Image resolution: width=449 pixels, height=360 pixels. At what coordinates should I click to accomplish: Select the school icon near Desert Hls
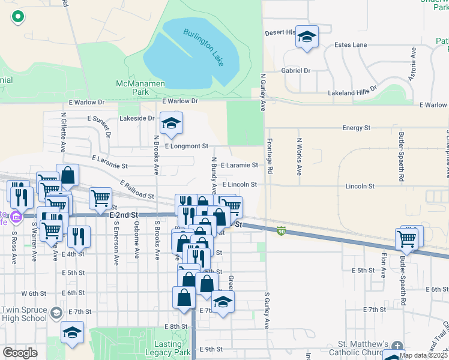pyautogui.click(x=307, y=38)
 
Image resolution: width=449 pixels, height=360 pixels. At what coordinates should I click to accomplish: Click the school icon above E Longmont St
pyautogui.click(x=171, y=124)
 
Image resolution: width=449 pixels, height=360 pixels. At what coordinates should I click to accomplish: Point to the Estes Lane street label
pyautogui.click(x=351, y=45)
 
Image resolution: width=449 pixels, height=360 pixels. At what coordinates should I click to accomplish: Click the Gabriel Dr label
pyautogui.click(x=296, y=71)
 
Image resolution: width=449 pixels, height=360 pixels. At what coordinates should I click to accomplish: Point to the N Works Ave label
pyautogui.click(x=298, y=156)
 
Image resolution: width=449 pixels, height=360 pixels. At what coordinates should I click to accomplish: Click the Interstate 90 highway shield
pyautogui.click(x=280, y=230)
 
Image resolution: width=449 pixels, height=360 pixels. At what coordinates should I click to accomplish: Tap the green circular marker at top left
pyautogui.click(x=17, y=17)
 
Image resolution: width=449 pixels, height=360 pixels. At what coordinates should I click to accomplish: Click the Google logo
pyautogui.click(x=20, y=353)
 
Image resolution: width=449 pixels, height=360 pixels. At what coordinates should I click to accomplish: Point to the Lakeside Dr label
pyautogui.click(x=137, y=119)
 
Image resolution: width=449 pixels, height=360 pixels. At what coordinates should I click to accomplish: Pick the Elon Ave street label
pyautogui.click(x=383, y=264)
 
